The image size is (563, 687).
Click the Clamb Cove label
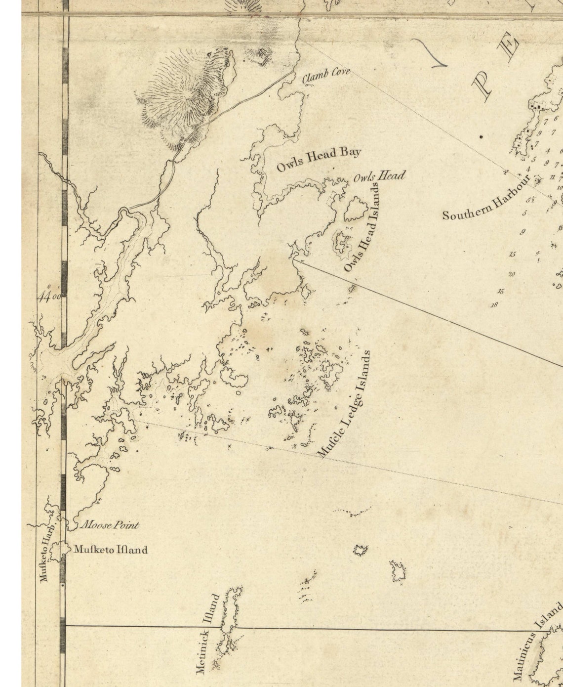point(326,75)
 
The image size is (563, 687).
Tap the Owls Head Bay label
point(318,159)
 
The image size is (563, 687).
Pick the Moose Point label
point(109,525)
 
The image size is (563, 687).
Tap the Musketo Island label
point(111,550)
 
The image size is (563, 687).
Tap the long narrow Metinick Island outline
point(231,623)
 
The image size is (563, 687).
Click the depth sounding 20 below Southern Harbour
point(512,274)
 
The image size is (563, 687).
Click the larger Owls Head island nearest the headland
point(353,209)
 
